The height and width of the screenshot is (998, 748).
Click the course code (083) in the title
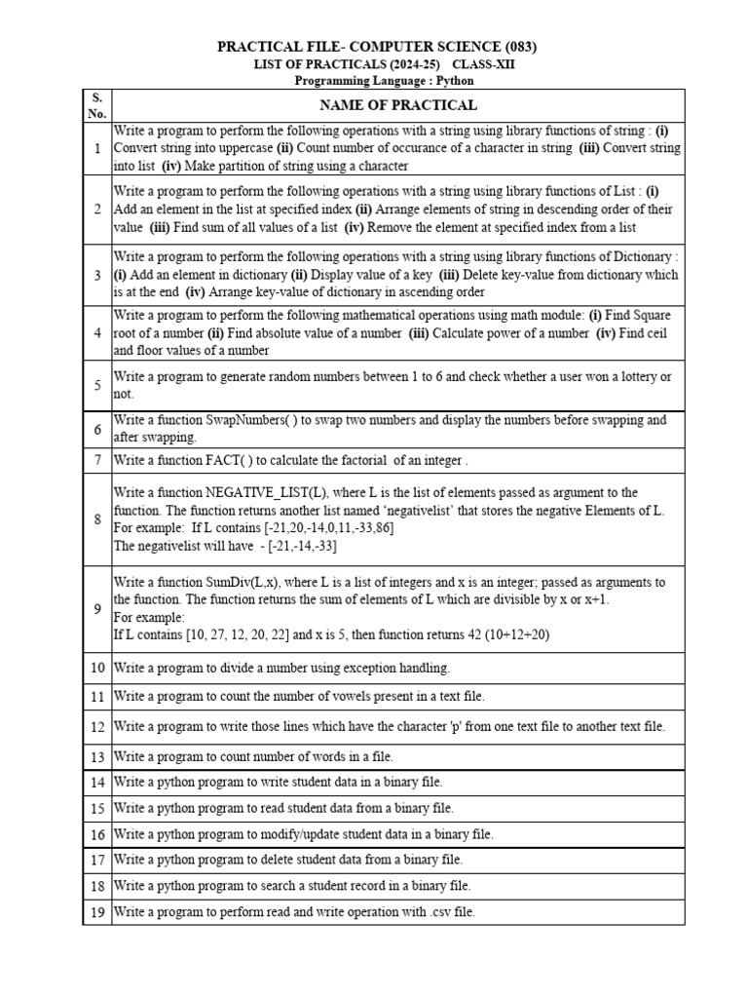point(517,47)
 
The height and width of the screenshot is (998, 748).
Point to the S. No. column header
point(97,105)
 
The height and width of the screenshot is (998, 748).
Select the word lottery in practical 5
point(612,376)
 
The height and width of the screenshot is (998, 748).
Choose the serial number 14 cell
point(97,782)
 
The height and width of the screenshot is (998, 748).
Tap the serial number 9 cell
point(97,608)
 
